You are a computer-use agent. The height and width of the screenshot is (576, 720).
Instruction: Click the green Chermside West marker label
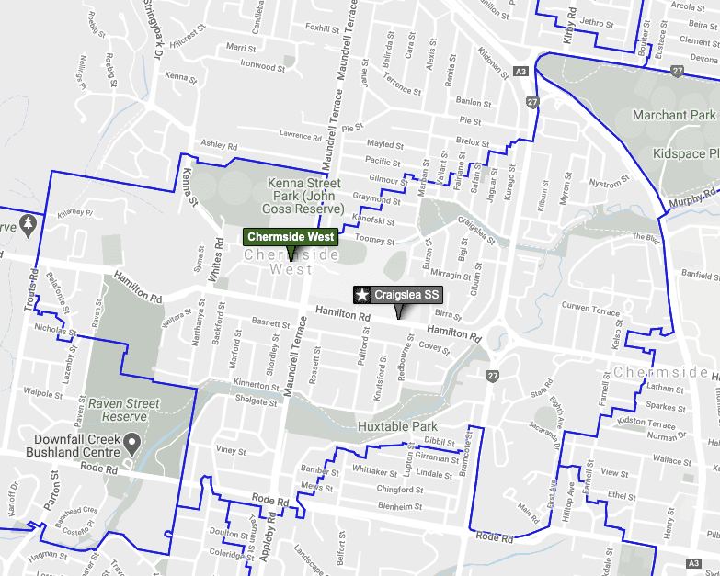point(291,237)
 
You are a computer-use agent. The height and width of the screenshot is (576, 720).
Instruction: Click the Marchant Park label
point(673,115)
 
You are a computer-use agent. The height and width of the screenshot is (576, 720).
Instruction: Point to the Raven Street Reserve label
point(124,410)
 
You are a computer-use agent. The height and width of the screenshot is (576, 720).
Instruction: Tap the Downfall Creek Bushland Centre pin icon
point(132,446)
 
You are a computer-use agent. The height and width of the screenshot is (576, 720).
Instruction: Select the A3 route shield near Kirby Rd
point(521,72)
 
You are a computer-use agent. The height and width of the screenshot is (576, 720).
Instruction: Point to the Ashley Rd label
point(219,145)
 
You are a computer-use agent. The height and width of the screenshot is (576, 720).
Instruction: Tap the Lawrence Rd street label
point(301,136)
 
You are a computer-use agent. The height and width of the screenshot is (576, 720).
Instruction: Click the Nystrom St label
point(606,184)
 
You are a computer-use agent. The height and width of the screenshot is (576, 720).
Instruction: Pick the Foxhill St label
point(322,28)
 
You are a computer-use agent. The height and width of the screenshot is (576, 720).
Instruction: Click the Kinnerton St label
point(256,384)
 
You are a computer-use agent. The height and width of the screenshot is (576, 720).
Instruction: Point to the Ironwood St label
point(257,65)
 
